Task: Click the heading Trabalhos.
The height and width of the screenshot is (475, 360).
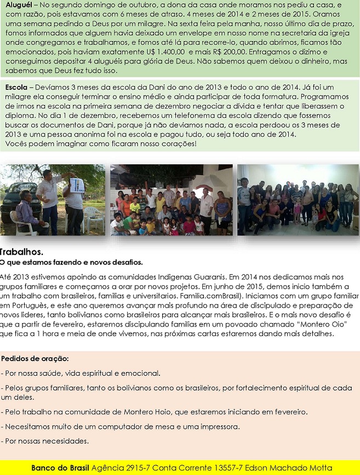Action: [x=21, y=252]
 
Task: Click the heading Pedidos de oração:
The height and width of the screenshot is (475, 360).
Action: [x=35, y=359]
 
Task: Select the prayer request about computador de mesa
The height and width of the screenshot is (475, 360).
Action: [x=121, y=426]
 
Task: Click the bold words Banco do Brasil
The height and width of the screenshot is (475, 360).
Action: [x=60, y=468]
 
